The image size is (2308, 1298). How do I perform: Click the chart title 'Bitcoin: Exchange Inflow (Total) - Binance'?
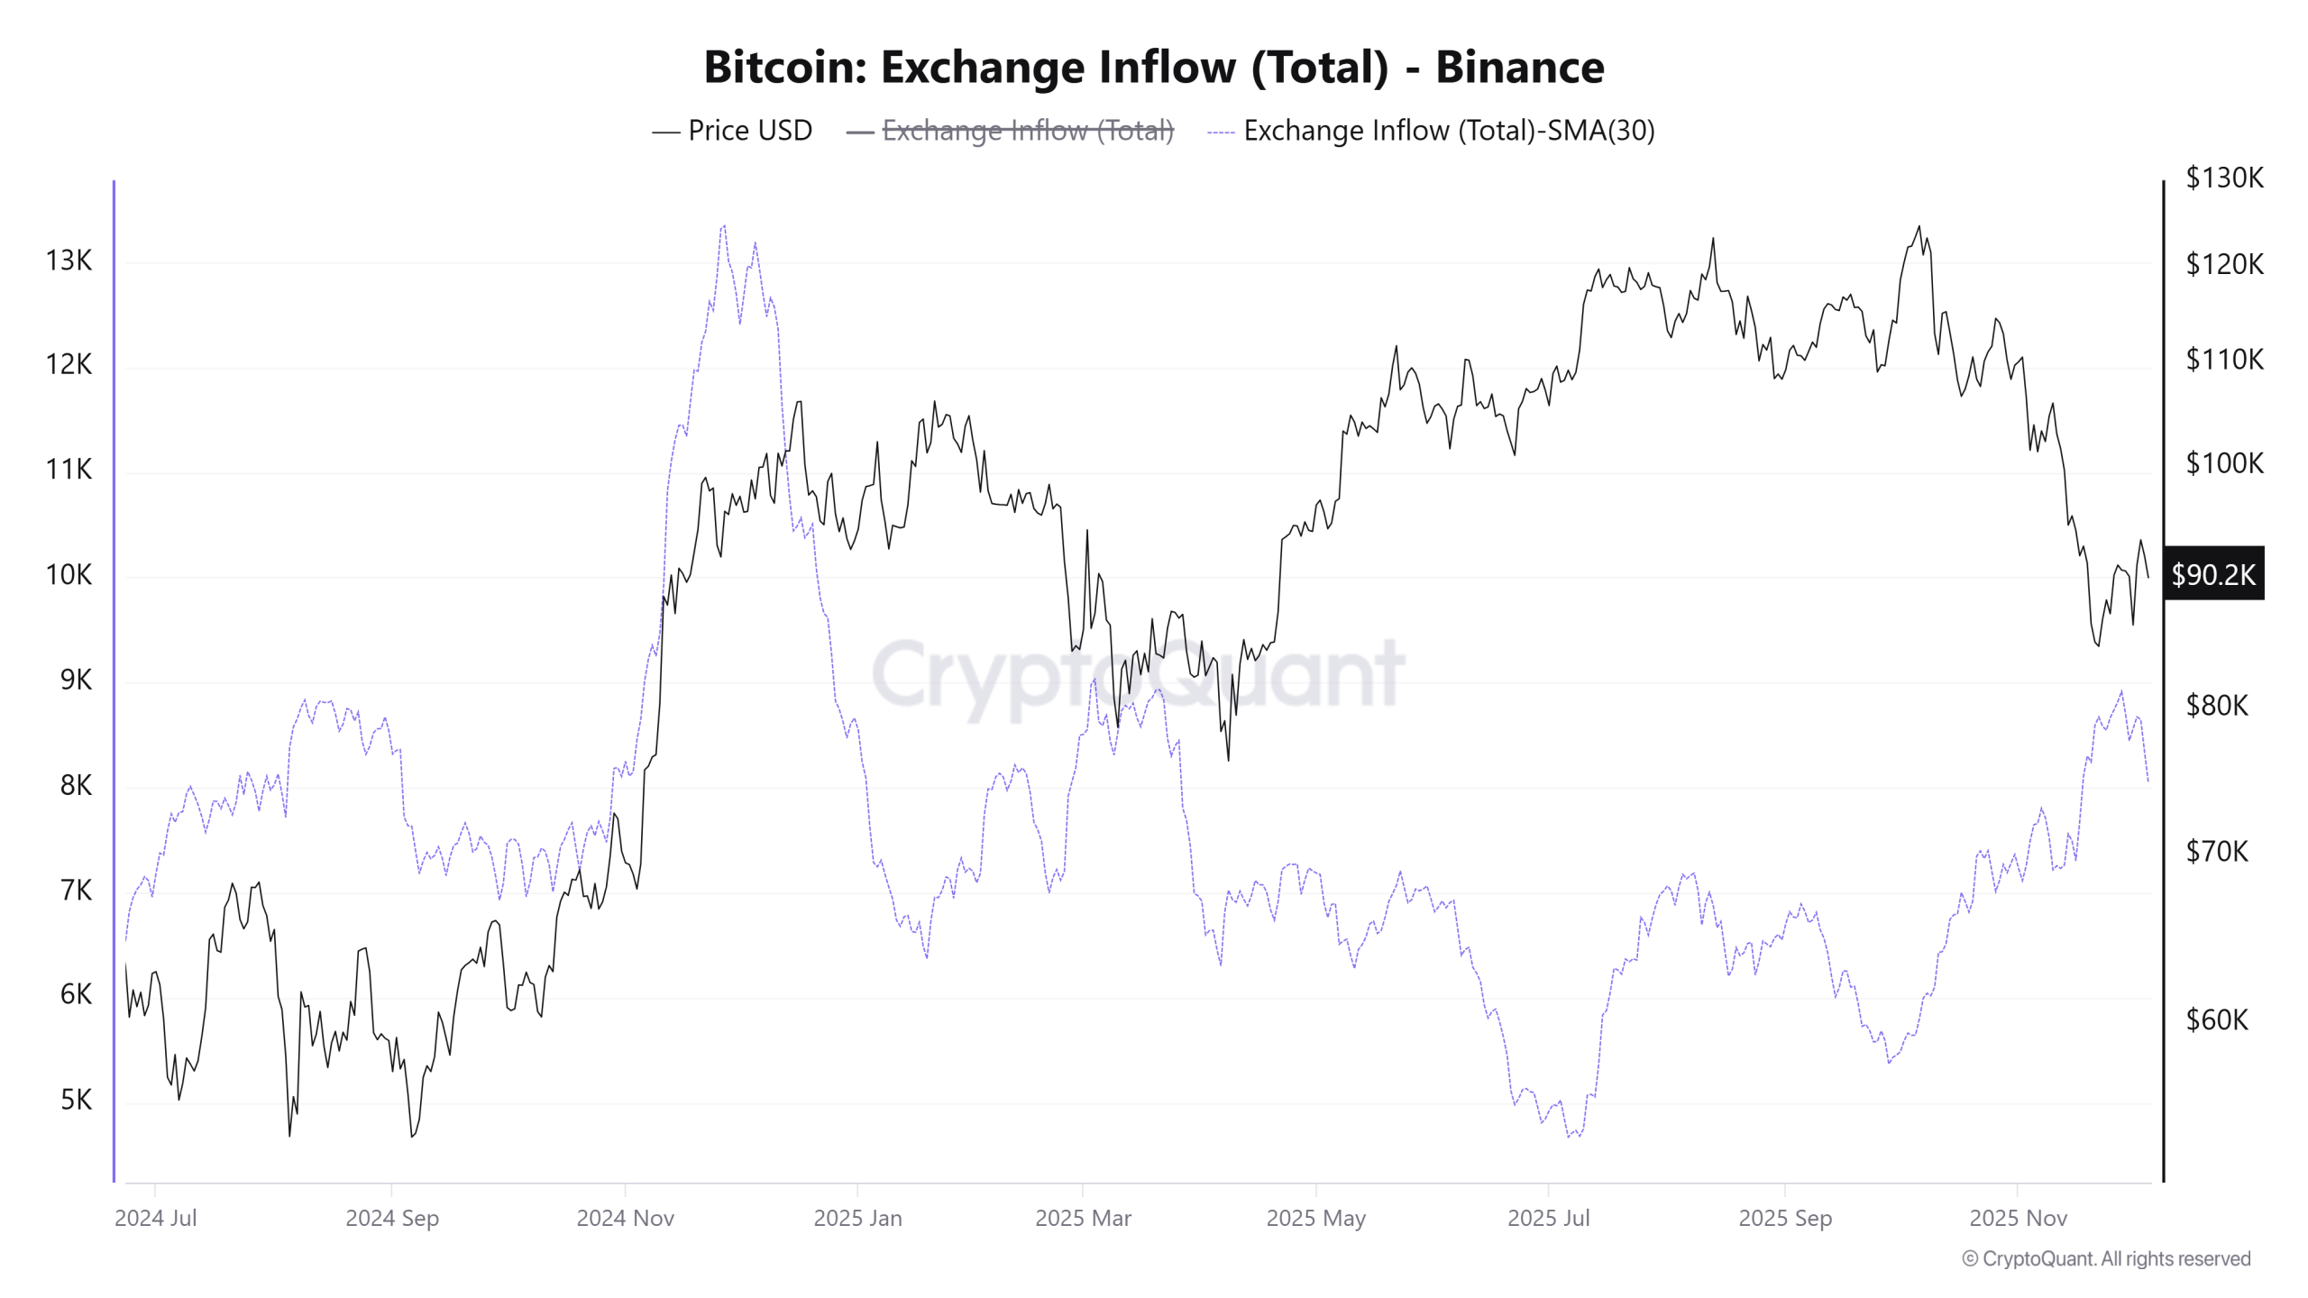[1153, 68]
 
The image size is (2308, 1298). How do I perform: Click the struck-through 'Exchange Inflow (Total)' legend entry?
[1027, 131]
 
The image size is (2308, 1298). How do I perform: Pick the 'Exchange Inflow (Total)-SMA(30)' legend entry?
[1448, 131]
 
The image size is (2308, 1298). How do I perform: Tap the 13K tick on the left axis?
[69, 261]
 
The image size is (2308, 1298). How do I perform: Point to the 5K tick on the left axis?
[76, 1100]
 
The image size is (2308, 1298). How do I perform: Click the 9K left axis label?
[76, 680]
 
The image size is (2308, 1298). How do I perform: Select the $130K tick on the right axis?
[2224, 178]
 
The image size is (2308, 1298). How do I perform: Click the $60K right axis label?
[2217, 1019]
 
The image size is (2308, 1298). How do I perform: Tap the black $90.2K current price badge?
[2213, 574]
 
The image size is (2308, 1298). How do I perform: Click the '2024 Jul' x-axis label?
[155, 1218]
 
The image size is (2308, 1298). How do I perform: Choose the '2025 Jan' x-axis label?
[857, 1218]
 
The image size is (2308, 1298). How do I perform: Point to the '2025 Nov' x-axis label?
[2018, 1218]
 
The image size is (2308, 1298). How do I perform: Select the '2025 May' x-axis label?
[1315, 1218]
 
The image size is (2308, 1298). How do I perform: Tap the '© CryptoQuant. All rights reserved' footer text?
[2106, 1258]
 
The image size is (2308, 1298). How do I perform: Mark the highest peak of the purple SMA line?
[723, 226]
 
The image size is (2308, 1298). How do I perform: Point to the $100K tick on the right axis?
[2224, 463]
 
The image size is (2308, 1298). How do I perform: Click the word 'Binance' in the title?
[1519, 68]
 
